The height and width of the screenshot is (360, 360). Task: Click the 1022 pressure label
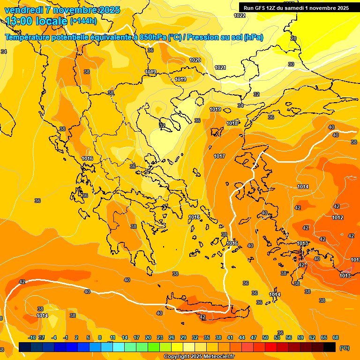coord(240,15)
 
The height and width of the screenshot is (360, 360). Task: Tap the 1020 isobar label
coord(195,60)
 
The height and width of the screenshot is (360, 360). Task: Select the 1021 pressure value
coord(220,67)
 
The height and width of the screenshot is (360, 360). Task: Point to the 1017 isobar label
coord(219,156)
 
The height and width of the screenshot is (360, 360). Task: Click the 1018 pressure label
coord(232,123)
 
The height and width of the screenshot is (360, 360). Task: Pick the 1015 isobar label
coord(232,243)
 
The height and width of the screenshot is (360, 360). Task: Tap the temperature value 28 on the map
coord(293,38)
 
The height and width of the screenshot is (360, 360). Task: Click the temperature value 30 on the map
coord(291,64)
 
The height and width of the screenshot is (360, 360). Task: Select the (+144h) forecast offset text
coord(83,21)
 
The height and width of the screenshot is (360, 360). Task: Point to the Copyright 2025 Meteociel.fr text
coord(199,357)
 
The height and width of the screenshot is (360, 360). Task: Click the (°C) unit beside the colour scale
coord(345,348)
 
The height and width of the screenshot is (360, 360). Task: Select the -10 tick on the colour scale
coord(32,337)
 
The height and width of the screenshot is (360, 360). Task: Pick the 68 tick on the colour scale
coord(336,337)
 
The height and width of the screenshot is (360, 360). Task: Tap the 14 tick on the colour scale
coord(125,337)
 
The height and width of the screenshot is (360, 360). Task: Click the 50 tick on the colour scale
coord(265,337)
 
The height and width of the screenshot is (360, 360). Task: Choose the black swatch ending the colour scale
coord(330,347)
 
